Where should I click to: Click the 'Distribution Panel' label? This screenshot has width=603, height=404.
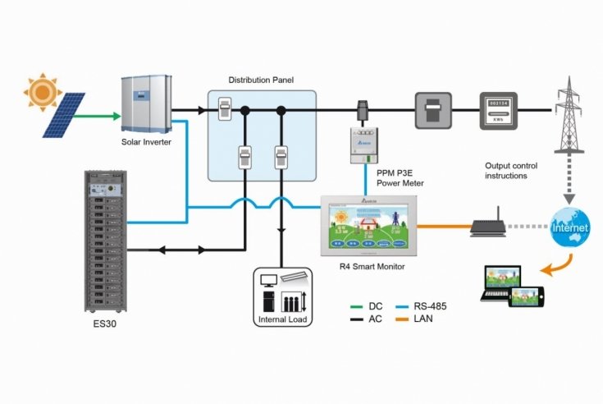[x=261, y=80]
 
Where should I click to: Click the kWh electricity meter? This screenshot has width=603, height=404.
[x=497, y=110]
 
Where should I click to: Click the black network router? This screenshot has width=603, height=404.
[x=490, y=223]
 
